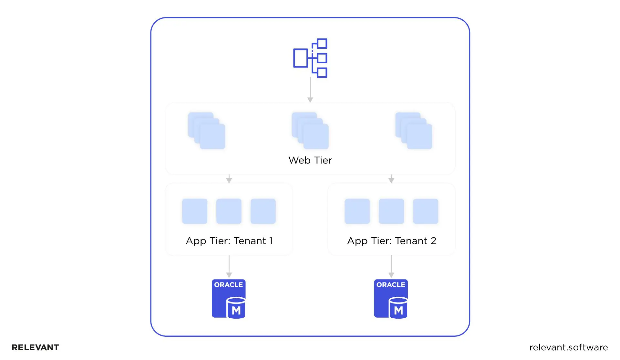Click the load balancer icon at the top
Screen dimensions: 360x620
click(310, 58)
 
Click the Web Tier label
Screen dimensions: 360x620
click(310, 160)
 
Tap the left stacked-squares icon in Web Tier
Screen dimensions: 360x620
click(207, 131)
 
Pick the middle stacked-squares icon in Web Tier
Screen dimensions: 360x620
click(310, 131)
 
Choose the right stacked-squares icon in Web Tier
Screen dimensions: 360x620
click(414, 131)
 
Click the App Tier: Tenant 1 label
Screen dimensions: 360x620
click(229, 241)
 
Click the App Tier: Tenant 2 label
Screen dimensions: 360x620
click(391, 241)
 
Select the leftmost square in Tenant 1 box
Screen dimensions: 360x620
click(195, 211)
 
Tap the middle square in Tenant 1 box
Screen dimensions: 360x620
click(229, 211)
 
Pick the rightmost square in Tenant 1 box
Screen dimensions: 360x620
click(263, 211)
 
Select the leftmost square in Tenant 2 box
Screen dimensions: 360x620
click(357, 211)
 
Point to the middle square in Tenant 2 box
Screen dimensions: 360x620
click(391, 211)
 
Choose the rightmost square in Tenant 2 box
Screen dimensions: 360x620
click(426, 211)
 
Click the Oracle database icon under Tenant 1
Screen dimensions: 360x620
click(229, 299)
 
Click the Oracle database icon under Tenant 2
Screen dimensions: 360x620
click(391, 299)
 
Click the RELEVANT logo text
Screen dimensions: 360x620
click(36, 347)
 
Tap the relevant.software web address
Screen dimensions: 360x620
click(568, 347)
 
